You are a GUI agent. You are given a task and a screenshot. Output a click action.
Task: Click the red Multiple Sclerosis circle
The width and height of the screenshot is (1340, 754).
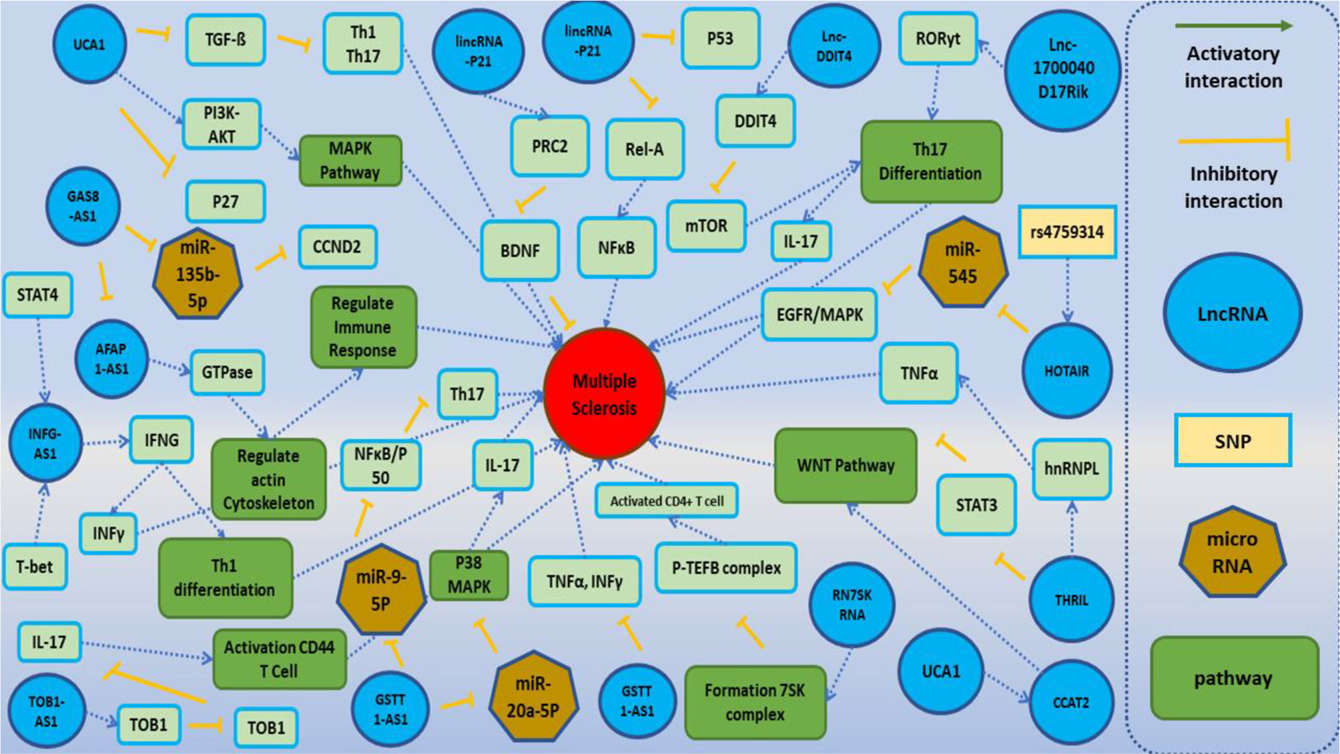(x=604, y=394)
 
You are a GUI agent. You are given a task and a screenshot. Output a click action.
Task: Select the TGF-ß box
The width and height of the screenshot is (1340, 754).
(x=225, y=40)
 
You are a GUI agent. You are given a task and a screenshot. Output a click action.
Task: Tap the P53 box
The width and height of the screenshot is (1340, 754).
(x=720, y=39)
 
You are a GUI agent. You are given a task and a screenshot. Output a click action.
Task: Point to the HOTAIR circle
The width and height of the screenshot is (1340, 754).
(x=1066, y=371)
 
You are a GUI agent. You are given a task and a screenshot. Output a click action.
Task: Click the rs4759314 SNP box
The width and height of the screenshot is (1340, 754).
(x=1066, y=232)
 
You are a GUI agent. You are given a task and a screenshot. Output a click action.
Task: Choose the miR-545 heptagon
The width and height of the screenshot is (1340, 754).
(x=962, y=264)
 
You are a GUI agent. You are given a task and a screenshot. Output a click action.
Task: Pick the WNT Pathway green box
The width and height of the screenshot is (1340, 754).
(x=846, y=465)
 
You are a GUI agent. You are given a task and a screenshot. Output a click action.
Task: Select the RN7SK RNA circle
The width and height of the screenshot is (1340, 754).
(x=852, y=605)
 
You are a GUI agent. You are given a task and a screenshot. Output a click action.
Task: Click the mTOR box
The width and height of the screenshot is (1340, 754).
(x=706, y=226)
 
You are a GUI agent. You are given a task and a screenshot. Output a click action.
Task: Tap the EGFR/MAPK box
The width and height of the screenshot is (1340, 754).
(x=819, y=314)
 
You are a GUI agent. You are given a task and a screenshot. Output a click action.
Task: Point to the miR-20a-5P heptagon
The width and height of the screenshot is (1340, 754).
(x=533, y=697)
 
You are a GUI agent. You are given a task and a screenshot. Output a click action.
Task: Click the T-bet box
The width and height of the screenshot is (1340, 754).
(x=35, y=567)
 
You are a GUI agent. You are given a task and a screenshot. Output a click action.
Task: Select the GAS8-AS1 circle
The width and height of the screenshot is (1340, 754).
(x=83, y=206)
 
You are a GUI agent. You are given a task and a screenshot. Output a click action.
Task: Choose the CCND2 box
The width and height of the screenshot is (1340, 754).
(x=337, y=247)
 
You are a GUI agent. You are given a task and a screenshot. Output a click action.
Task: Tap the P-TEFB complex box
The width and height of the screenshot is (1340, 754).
(x=726, y=568)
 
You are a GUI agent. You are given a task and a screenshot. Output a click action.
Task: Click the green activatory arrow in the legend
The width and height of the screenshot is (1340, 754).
(x=1233, y=26)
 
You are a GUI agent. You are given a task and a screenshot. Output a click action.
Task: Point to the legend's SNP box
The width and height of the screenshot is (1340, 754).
(x=1233, y=441)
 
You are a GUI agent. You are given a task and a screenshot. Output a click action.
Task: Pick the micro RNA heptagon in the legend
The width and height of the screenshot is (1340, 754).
(x=1232, y=552)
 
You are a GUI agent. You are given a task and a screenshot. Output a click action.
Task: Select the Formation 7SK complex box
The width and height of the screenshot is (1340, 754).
(x=755, y=702)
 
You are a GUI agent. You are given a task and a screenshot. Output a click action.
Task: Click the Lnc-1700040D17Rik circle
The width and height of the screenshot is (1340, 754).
(x=1062, y=69)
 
